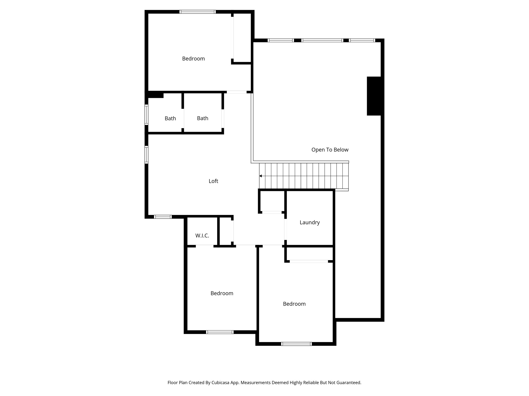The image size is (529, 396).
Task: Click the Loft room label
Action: (213, 181)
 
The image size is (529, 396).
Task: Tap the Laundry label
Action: (309, 222)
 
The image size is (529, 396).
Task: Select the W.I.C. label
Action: (202, 236)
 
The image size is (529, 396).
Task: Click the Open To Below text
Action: (330, 150)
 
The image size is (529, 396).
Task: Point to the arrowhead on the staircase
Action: (261, 176)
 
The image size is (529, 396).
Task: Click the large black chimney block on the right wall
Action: (374, 96)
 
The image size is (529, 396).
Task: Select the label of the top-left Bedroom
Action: (193, 59)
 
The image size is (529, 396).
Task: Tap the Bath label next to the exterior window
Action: (170, 119)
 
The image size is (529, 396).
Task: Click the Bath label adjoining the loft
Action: (203, 118)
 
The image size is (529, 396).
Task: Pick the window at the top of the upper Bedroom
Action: (197, 12)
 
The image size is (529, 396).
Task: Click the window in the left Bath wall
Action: (146, 115)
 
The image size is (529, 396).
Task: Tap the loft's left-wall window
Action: (146, 155)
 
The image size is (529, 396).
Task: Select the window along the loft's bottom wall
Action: (163, 217)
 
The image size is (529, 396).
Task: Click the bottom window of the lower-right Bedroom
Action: (296, 344)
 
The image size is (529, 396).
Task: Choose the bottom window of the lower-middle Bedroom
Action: (220, 332)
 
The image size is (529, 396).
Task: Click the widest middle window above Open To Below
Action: (322, 40)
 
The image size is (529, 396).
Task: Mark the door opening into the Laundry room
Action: (285, 229)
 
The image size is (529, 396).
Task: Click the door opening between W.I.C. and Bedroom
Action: (205, 246)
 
